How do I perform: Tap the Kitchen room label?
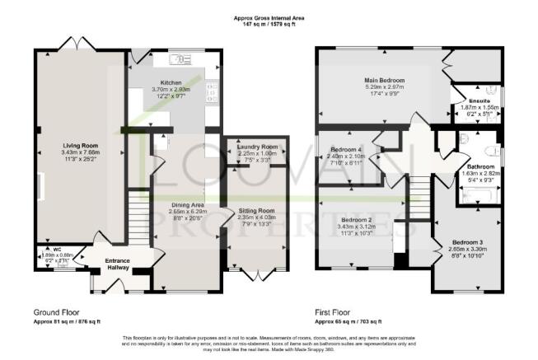pos(170,83)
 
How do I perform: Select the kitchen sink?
pos(177,60)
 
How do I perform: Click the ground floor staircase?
pos(139,217)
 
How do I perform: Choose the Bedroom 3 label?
pos(467,242)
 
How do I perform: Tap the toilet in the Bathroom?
pos(491,151)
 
